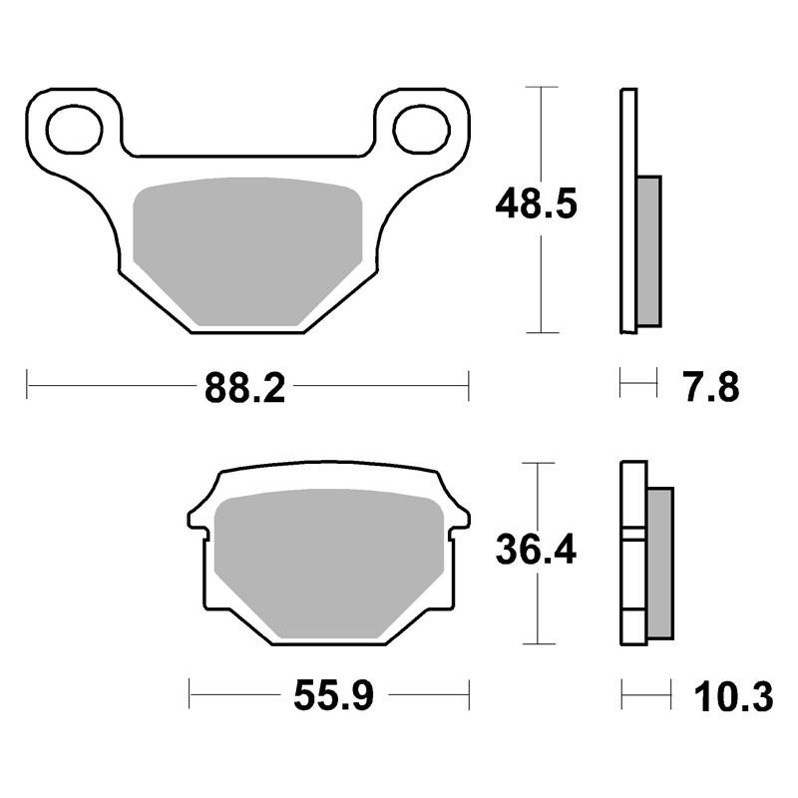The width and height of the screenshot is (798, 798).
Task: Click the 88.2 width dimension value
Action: [x=244, y=388]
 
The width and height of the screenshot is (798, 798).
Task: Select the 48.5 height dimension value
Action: [x=537, y=203]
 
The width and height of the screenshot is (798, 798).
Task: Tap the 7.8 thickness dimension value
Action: [x=711, y=387]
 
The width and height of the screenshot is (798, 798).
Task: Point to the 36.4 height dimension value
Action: [x=536, y=550]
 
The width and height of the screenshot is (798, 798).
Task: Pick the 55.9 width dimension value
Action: [x=334, y=695]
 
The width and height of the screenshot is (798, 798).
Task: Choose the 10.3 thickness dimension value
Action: [x=733, y=696]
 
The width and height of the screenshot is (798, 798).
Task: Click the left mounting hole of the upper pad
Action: [x=74, y=130]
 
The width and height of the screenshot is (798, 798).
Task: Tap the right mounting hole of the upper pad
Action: [x=422, y=130]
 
